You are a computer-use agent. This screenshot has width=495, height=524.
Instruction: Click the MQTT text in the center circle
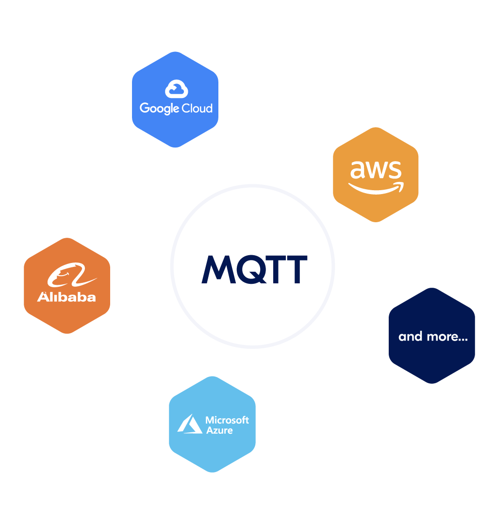254,269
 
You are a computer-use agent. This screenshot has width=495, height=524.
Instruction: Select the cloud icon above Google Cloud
176,90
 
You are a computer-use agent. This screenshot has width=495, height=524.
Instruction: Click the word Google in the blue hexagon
160,108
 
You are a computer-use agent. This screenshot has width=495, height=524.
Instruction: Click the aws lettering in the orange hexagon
376,170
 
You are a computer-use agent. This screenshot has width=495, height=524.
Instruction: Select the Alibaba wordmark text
66,297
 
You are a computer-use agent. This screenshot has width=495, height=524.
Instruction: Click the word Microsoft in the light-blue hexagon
227,420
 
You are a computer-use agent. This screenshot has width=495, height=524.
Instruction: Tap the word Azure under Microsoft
219,430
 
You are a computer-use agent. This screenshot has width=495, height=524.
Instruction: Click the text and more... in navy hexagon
432,336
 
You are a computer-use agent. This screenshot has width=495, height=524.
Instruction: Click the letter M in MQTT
216,269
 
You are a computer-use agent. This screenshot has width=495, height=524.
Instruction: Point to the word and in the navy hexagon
410,336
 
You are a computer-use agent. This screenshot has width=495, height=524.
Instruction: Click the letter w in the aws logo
376,170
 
